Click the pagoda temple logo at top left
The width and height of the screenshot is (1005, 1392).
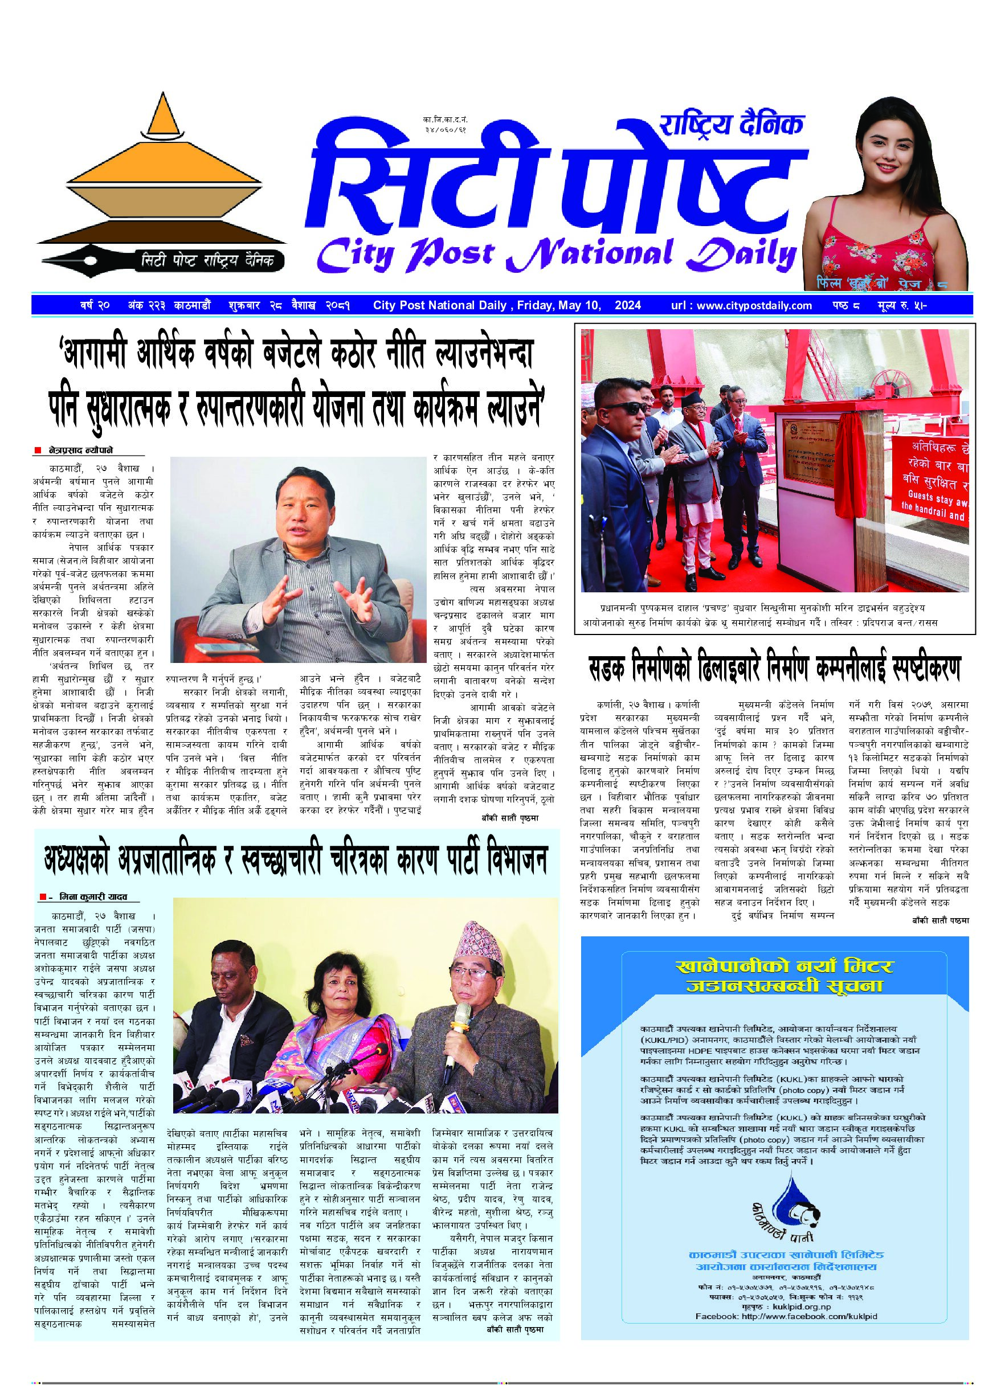(161, 178)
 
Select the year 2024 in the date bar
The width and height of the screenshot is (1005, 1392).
(628, 305)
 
